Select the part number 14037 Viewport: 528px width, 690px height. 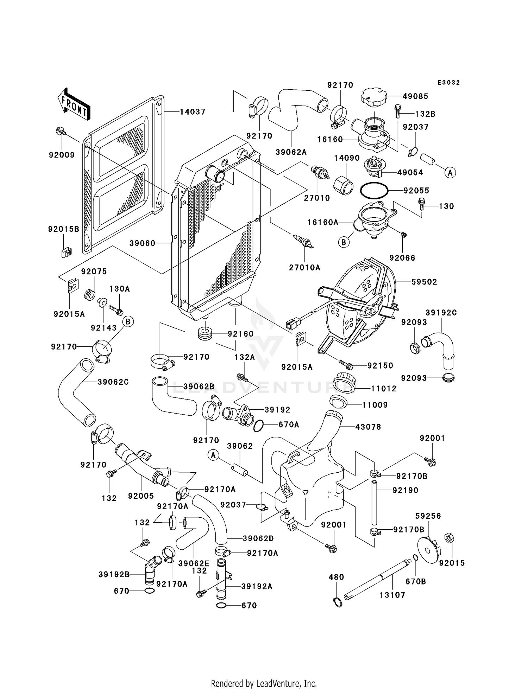(x=193, y=112)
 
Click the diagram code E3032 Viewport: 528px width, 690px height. (x=448, y=83)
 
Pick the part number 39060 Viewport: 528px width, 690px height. (x=142, y=243)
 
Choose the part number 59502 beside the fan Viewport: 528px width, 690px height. (x=424, y=282)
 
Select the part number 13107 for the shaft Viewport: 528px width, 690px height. (x=392, y=595)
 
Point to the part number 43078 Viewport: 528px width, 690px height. (x=368, y=427)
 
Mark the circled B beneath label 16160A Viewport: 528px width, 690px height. (x=344, y=242)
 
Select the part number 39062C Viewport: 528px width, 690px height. (x=113, y=382)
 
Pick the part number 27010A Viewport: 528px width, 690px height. (x=304, y=268)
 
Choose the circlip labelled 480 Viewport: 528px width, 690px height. (x=338, y=602)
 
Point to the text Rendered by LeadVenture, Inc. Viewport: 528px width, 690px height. (x=264, y=683)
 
